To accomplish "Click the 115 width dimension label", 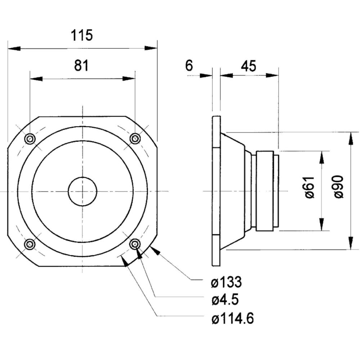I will pos(82,35).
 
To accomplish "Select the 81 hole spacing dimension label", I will pos(81,66).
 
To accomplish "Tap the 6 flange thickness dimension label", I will pos(189,66).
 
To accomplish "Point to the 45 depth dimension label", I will pos(248,66).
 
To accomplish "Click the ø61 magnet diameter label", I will pos(310,188).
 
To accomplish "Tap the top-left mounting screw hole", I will pos(30,138).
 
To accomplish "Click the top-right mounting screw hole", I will pos(135,138).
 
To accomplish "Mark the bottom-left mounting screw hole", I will pos(30,244).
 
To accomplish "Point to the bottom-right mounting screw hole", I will pos(135,244).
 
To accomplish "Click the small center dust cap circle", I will pos(82,191).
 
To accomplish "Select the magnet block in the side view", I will pos(266,190).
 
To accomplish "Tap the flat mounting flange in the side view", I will pos(216,191).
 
